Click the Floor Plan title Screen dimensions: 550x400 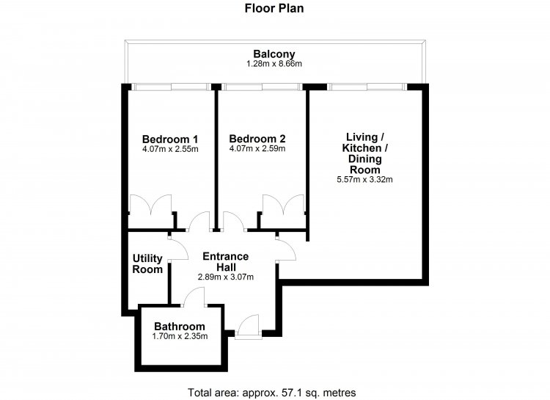[274, 8]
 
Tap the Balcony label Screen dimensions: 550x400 [274, 54]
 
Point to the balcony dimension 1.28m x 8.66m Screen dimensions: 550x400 [274, 64]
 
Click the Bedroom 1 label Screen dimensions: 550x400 [170, 139]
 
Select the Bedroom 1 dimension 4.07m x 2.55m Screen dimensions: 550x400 [170, 149]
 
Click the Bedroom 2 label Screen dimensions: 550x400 [257, 139]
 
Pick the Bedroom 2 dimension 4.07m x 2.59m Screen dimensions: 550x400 [257, 148]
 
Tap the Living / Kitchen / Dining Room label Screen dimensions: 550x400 [364, 153]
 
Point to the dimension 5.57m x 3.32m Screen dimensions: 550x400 [364, 180]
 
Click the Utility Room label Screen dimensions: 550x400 [147, 263]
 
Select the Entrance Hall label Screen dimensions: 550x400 [226, 261]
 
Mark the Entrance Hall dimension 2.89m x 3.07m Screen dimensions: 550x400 [226, 277]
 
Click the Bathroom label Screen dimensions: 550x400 [180, 327]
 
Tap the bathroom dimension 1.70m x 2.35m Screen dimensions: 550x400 [180, 336]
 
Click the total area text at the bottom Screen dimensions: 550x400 [272, 392]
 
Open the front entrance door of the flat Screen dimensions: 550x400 [248, 327]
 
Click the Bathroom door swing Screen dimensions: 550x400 [194, 297]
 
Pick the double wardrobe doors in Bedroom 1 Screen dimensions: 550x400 [150, 204]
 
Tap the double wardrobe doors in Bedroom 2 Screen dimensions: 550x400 [283, 204]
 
